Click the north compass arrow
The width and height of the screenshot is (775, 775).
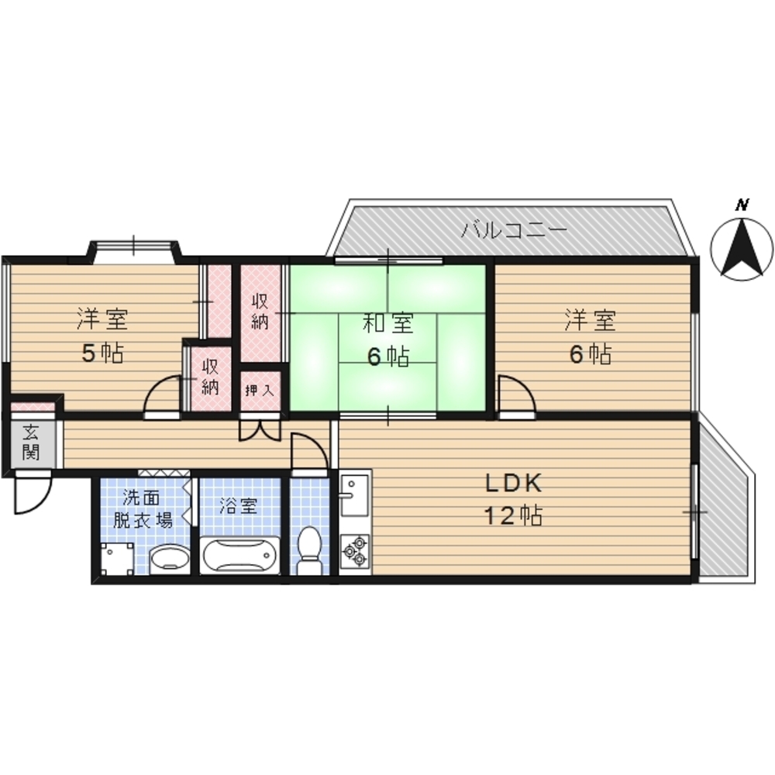(742, 248)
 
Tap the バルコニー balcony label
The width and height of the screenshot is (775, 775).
(514, 230)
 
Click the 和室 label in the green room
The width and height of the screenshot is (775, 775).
(388, 323)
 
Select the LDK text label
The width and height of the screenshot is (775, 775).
(514, 483)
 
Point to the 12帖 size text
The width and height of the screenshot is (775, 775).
(513, 515)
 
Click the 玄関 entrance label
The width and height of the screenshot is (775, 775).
(31, 442)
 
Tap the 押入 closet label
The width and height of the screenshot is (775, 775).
(260, 391)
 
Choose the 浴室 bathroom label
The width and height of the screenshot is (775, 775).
(239, 505)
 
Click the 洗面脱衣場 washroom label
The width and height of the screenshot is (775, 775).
(142, 508)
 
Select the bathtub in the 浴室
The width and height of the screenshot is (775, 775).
(239, 556)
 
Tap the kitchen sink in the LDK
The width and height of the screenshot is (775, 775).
(354, 494)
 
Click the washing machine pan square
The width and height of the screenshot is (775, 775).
(117, 559)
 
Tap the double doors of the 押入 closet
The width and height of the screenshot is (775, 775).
(260, 429)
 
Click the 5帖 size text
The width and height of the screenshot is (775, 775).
(102, 353)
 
